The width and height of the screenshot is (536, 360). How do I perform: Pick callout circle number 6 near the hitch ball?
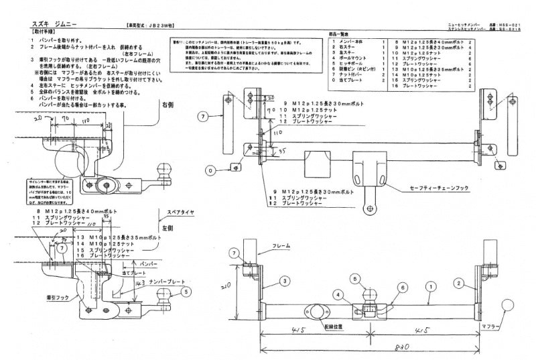point(403,287)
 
